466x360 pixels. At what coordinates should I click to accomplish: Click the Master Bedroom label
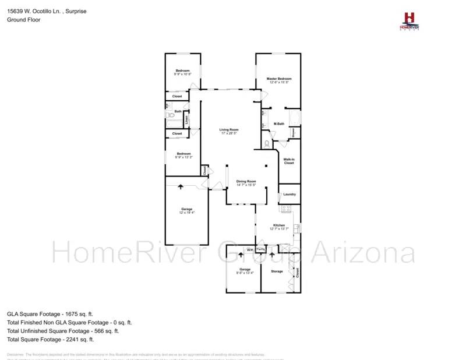(279, 79)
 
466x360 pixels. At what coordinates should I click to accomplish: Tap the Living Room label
(229, 130)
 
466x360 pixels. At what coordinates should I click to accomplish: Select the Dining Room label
(246, 182)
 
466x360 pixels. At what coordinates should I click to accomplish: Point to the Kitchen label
(279, 225)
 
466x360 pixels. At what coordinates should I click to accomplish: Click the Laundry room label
(290, 195)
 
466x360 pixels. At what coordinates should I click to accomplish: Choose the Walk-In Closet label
(289, 161)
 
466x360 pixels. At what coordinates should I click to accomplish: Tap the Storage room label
(277, 271)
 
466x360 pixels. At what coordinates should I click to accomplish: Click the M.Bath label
(279, 123)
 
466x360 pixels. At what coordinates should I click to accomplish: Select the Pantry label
(261, 249)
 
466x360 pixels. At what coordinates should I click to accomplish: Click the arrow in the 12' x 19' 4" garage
(180, 187)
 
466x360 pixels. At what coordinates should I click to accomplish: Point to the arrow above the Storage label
(271, 255)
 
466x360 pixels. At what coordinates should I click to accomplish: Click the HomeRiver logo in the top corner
(409, 22)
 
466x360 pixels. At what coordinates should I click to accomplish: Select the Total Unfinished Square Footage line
(63, 330)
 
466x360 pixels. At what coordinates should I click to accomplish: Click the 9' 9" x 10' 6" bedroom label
(183, 72)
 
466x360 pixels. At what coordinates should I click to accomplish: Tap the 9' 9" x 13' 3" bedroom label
(183, 156)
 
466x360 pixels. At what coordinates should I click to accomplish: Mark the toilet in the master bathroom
(267, 143)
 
